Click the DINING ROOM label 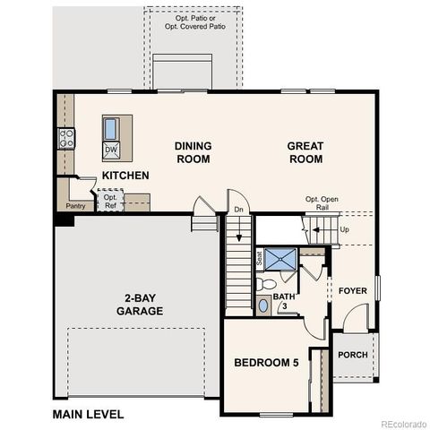[192, 152]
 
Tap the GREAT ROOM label [305, 152]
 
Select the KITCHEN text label [125, 176]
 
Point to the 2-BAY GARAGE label [139, 305]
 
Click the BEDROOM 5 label [265, 363]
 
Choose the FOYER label [352, 290]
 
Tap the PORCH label [353, 355]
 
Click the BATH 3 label [283, 301]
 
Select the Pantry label [75, 205]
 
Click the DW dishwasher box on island [111, 150]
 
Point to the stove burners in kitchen [66, 138]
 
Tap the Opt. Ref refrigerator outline [110, 200]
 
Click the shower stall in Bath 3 [281, 260]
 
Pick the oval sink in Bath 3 [262, 306]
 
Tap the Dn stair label [237, 210]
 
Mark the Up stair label [345, 229]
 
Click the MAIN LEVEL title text [88, 414]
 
